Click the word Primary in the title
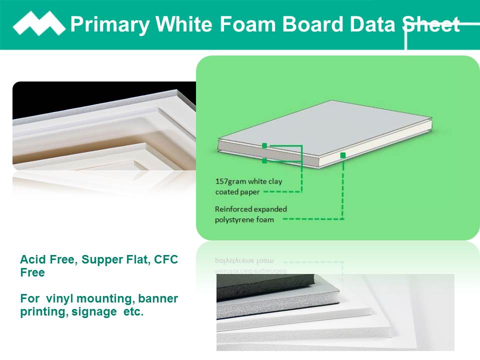coord(110,24)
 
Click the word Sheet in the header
coord(431,24)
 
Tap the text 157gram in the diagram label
coord(230,181)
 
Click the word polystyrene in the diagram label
coord(235,220)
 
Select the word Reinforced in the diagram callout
coord(233,209)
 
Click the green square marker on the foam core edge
coord(343,155)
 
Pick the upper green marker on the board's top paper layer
coord(264,145)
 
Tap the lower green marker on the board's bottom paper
coord(264,160)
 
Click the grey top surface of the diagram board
coord(324,128)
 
